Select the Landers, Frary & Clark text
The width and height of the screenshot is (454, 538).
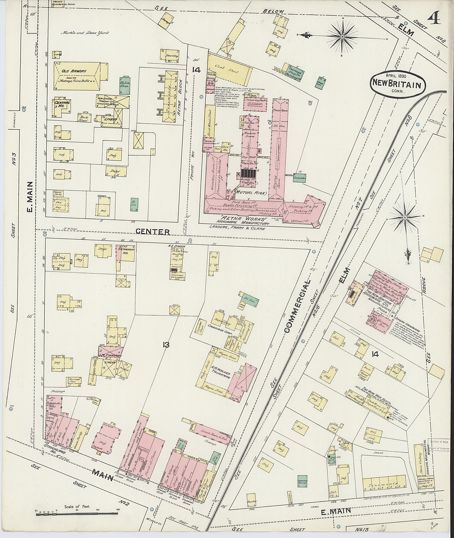click(237, 227)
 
